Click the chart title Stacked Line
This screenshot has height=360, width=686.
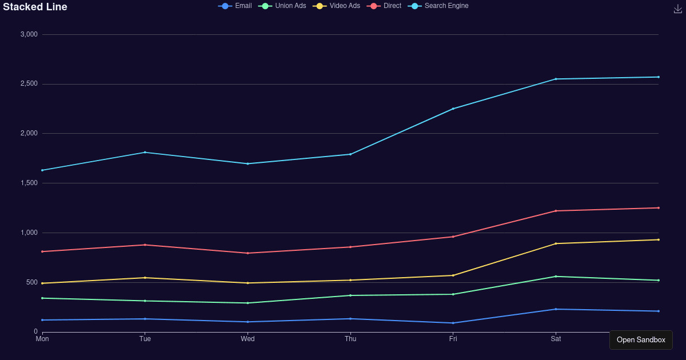pos(35,7)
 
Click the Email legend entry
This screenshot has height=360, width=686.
pos(235,6)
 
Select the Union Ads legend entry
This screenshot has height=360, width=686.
pos(282,6)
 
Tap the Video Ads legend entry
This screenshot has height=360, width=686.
pos(337,6)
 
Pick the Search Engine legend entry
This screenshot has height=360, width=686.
pos(438,6)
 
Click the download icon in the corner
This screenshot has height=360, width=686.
pos(678,9)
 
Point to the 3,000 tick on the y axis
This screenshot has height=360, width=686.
pos(29,34)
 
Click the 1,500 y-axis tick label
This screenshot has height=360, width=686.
pos(29,183)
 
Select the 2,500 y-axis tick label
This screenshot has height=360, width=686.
pos(29,84)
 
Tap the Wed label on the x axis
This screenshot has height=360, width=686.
pos(248,339)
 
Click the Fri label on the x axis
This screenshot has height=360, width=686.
pos(453,339)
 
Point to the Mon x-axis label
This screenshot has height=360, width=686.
pos(42,339)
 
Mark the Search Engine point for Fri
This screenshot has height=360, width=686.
pos(453,109)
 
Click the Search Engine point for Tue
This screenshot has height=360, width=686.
pos(145,153)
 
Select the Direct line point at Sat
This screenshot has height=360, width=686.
pos(556,211)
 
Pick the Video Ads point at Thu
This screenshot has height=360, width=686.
pos(350,280)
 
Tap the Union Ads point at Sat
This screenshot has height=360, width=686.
pos(556,277)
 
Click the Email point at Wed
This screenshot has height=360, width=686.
pos(248,322)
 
